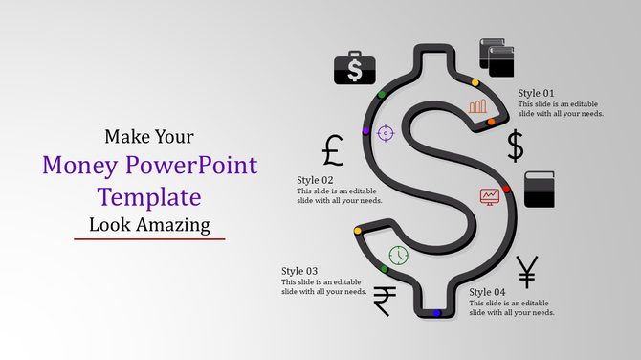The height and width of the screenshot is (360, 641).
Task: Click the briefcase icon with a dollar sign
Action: pos(354,68)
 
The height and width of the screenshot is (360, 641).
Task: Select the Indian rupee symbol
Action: pos(384,301)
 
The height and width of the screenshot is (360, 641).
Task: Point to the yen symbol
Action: pos(526,273)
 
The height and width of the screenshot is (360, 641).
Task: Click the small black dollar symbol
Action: pos(515,146)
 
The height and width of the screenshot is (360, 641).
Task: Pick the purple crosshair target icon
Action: pos(386,131)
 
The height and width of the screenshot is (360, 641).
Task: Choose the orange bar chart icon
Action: pos(478,105)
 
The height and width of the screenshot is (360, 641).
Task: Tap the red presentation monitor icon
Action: pos(489,196)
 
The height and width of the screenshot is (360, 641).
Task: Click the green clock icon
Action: pos(398,256)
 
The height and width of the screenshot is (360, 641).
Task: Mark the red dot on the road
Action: pos(507,190)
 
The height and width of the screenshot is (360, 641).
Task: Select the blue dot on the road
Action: pos(436,313)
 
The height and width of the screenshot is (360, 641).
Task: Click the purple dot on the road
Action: pos(365,130)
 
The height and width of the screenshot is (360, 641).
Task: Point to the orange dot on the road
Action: pos(491,123)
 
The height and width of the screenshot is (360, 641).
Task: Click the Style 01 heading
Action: pos(536,93)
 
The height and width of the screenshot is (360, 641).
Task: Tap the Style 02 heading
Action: pos(315,180)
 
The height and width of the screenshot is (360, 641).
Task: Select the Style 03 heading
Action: pos(299,271)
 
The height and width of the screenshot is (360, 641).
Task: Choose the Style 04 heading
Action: pos(487,292)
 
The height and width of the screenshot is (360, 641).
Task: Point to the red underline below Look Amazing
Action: pos(149,238)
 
